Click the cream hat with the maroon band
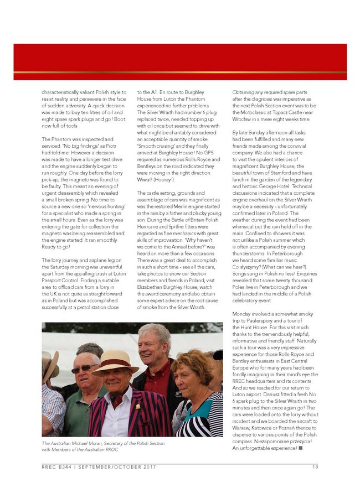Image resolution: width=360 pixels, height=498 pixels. pyautogui.click(x=115, y=361)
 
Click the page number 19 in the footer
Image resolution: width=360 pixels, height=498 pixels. pyautogui.click(x=315, y=468)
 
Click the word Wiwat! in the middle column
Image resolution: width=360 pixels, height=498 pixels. pyautogui.click(x=145, y=179)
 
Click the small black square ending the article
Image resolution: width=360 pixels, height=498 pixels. pyautogui.click(x=301, y=448)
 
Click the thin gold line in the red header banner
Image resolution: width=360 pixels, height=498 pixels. pyautogui.click(x=180, y=72)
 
